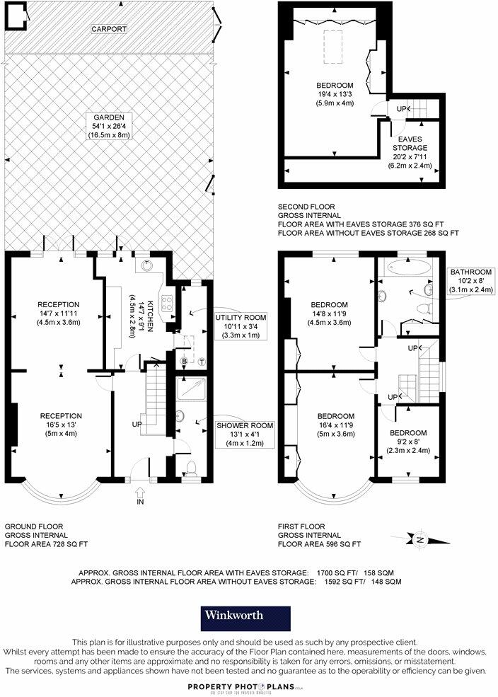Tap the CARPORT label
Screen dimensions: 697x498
coord(108,30)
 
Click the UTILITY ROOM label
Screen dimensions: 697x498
coord(241,318)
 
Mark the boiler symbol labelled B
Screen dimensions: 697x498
coord(185,362)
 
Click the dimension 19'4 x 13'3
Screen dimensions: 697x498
coord(335,94)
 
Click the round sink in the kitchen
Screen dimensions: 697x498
coord(146,266)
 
